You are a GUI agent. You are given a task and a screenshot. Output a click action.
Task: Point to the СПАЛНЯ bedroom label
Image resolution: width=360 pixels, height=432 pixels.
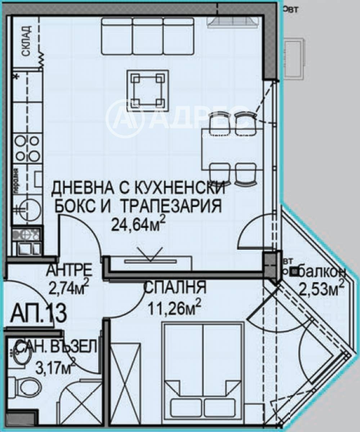[175, 288]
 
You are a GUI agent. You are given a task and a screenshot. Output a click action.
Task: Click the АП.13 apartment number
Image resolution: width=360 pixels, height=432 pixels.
[38, 313]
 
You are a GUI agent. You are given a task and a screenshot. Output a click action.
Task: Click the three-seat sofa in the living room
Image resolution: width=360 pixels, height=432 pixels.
[148, 36]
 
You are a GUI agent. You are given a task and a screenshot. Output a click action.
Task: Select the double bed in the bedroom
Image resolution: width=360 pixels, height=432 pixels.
[202, 371]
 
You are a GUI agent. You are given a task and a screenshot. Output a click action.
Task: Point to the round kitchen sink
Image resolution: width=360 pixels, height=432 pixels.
[26, 208]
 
